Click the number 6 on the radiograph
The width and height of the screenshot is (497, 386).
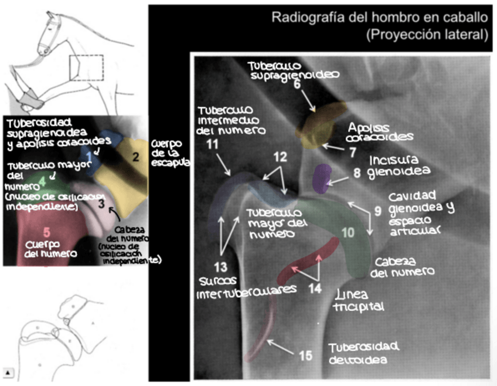point(297,84)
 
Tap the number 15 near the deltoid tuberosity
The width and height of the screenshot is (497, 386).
point(305,355)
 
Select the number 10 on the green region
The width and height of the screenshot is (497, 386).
point(348,233)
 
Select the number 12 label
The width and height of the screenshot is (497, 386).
point(281,157)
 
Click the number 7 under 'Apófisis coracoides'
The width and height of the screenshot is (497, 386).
point(353,152)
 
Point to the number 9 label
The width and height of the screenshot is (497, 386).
point(378,209)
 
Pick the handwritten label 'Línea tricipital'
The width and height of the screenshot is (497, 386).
point(358,300)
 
